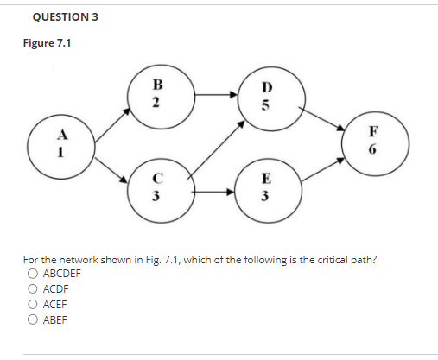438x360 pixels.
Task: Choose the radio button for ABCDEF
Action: (x=33, y=273)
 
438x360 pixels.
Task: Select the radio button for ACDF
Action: (x=33, y=288)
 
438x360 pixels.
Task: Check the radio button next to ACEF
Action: (x=33, y=304)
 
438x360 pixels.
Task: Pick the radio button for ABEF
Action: (x=33, y=319)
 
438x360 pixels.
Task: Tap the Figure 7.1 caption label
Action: (x=46, y=44)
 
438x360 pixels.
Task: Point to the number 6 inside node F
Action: (x=373, y=150)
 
